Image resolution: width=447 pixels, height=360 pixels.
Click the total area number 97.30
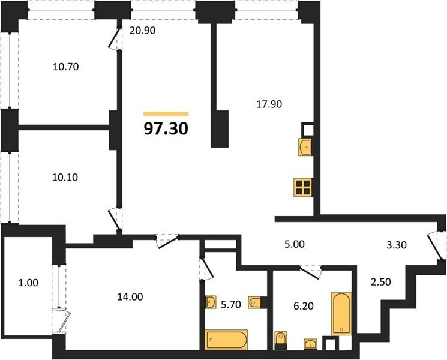point(166,129)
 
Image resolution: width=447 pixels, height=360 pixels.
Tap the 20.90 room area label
point(143,30)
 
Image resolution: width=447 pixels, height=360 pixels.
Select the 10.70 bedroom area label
point(66,67)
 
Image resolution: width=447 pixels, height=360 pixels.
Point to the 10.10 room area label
point(65,177)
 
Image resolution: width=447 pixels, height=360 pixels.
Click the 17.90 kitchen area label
point(269,104)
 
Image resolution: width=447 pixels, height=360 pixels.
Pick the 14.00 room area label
point(130,297)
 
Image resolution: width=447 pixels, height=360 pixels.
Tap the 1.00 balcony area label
point(28,283)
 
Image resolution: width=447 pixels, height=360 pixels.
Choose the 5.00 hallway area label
point(295,244)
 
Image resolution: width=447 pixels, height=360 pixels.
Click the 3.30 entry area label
point(397,245)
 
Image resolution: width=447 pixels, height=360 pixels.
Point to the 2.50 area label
point(381,282)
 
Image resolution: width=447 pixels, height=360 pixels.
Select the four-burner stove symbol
point(303,187)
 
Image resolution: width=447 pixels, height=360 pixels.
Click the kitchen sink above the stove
point(305,147)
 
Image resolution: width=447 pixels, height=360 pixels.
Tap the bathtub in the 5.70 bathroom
point(226,340)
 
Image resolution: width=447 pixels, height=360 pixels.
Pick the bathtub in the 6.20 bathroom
point(341,314)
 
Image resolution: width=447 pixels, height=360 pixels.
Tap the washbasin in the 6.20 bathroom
point(310,344)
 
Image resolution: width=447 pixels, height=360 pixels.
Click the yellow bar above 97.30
point(166,114)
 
